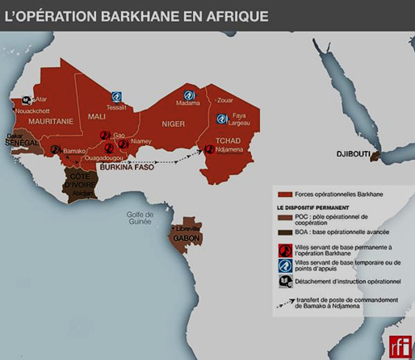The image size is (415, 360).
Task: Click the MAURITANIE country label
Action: [34, 121]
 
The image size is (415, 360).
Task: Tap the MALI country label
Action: [96, 116]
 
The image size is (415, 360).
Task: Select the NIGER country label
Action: [173, 123]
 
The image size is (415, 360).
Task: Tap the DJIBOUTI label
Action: [354, 153]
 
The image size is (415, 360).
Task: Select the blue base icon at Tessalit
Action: [116, 96]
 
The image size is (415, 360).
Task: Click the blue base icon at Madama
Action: [189, 95]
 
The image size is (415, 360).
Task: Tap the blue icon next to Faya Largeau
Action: [221, 119]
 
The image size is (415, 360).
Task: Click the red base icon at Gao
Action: [105, 135]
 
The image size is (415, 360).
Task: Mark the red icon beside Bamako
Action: [55, 150]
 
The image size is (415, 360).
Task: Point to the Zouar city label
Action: [224, 100]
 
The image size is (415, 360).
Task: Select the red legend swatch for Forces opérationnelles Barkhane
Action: [284, 195]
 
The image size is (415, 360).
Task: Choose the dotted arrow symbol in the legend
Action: [284, 306]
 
